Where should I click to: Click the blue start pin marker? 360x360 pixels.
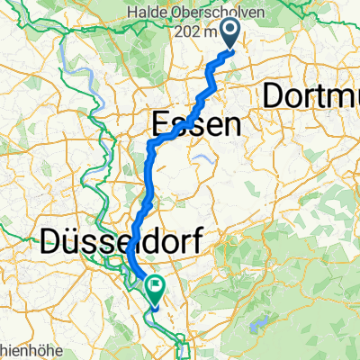[229, 37]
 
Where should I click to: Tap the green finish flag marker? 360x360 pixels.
[157, 288]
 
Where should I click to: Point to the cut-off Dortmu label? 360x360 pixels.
[310, 94]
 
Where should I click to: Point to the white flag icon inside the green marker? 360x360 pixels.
[157, 287]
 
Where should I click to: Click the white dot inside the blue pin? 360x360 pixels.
[229, 33]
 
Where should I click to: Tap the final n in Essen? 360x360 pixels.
[231, 125]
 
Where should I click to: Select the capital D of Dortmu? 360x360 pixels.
[272, 94]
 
